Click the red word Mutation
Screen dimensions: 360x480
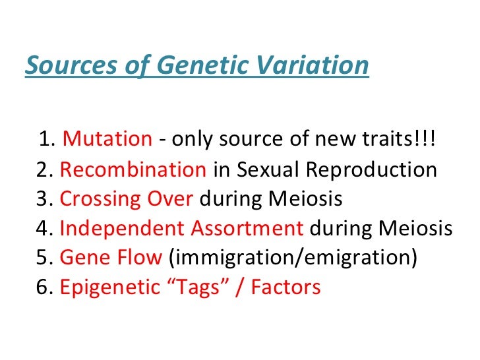107,140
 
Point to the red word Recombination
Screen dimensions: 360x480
133,169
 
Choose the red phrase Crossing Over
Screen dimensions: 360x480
127,199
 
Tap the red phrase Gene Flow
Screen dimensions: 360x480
110,258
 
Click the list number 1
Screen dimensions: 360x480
45,140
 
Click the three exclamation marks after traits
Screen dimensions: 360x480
429,140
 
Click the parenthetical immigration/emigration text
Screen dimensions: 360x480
293,258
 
